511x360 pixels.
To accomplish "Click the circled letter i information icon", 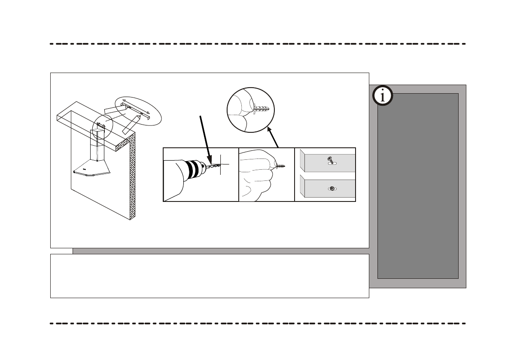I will pos(382,96).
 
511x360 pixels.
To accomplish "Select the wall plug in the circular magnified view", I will pos(261,108).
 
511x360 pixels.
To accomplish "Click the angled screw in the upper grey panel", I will pos(329,160).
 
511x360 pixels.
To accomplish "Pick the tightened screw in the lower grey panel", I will pos(332,188).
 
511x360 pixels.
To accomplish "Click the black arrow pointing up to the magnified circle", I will pos(273,137).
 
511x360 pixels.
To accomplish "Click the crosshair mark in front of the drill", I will pos(221,165).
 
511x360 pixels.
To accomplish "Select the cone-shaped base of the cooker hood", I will pos(93,168).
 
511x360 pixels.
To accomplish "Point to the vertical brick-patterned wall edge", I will pos(132,176).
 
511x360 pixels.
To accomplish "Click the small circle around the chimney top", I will pos(102,126).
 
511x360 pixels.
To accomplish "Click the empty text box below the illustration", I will pos(210,276).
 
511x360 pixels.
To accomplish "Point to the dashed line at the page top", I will pos(258,44).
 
